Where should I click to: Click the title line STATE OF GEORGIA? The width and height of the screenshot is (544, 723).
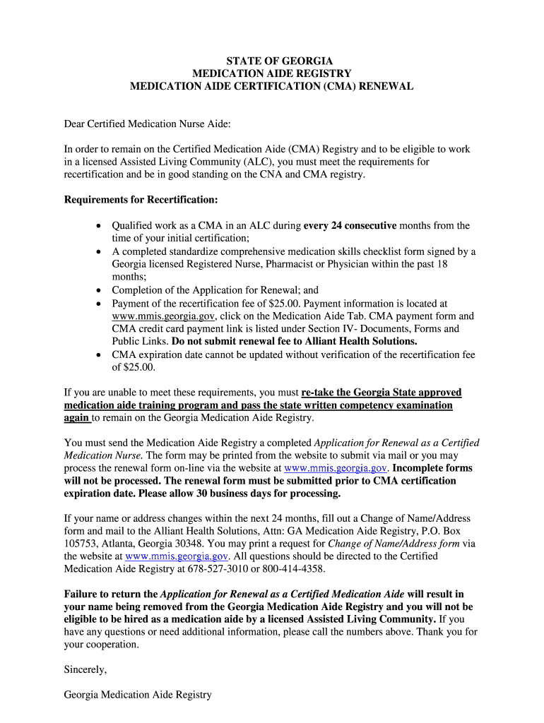coord(272,61)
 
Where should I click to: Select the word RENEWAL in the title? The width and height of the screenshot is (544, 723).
coord(387,86)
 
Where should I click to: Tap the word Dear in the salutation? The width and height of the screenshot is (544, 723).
coord(75,124)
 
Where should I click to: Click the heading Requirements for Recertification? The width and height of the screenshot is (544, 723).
coord(141,200)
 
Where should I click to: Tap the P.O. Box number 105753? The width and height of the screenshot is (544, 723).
coord(81,531)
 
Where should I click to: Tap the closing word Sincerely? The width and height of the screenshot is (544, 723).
coord(85,669)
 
